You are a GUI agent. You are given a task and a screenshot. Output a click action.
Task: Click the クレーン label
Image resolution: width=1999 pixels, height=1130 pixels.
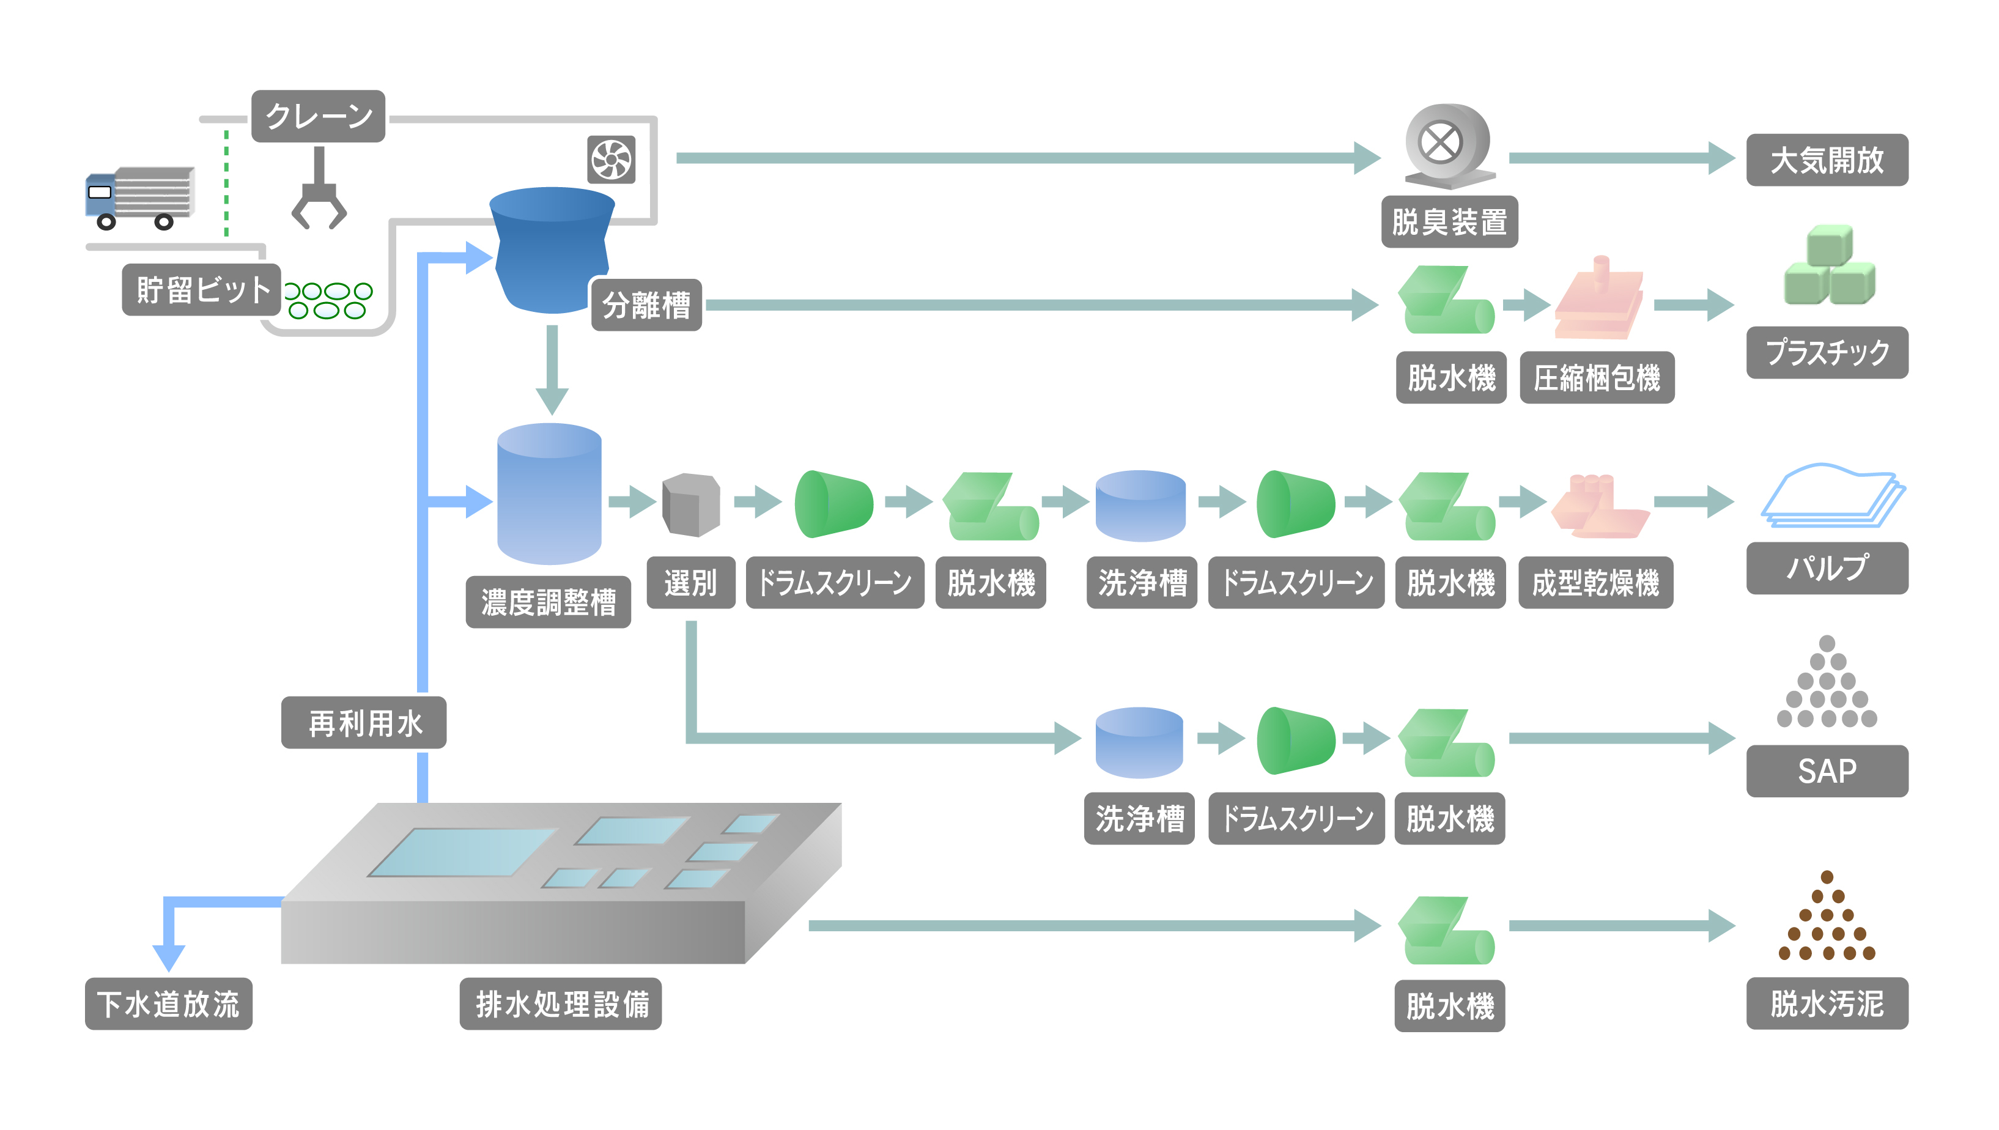tap(318, 116)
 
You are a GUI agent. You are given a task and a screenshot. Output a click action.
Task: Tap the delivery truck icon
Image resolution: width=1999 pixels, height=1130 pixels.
tap(139, 199)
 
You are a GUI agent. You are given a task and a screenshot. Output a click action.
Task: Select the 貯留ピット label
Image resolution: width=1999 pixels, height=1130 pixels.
tap(201, 289)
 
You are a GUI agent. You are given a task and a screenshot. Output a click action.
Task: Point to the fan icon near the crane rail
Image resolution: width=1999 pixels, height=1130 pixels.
tap(612, 160)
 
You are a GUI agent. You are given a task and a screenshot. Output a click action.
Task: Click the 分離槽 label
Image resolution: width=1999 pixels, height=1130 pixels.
tap(646, 305)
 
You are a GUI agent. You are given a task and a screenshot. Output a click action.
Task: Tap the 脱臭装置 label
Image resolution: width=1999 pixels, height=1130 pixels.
tap(1449, 222)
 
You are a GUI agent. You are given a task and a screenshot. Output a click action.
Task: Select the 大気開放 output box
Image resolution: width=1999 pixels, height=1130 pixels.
tap(1827, 160)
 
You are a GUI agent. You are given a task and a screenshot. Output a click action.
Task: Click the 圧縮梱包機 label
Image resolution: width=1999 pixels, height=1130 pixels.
tap(1596, 378)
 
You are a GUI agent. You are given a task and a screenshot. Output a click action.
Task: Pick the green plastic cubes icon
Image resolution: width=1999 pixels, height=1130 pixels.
tap(1829, 265)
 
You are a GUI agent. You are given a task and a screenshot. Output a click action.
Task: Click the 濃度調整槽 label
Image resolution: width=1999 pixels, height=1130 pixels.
tap(548, 602)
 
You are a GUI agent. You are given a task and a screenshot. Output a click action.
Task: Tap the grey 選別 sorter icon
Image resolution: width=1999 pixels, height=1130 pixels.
tap(690, 504)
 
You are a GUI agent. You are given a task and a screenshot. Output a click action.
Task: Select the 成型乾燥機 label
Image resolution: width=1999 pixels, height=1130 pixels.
tap(1595, 583)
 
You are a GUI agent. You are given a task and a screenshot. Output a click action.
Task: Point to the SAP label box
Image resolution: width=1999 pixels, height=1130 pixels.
tap(1827, 770)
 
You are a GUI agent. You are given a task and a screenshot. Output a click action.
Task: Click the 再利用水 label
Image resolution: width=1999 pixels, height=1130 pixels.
tap(364, 723)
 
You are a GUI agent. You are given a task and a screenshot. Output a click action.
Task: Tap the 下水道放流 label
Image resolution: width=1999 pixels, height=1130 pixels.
tap(168, 1003)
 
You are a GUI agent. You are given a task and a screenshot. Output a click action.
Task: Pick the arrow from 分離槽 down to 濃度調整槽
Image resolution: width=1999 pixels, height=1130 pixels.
tap(552, 369)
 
